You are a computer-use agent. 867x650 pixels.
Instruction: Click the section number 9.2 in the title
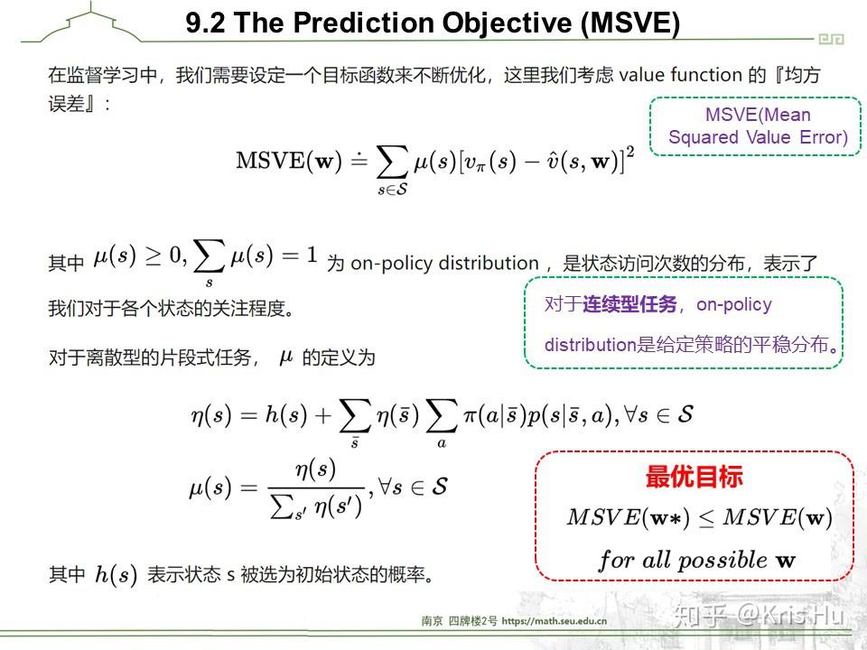(206, 23)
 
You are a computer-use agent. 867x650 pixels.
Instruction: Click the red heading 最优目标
(694, 478)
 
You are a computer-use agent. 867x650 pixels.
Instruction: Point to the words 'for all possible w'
(696, 560)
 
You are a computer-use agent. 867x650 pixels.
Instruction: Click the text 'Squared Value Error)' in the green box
(758, 137)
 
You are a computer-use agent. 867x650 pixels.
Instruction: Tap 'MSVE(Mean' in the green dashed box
(758, 115)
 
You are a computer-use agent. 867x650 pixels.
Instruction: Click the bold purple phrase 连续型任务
(629, 304)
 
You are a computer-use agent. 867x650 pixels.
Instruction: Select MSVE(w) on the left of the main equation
(284, 162)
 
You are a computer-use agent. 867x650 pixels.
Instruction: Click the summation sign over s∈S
(391, 162)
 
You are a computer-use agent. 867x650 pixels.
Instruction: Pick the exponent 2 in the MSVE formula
(629, 151)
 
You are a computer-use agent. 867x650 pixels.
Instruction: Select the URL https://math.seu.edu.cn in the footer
(554, 621)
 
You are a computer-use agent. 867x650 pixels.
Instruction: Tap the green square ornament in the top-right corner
(830, 39)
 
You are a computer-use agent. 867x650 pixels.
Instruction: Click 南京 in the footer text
(432, 621)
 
